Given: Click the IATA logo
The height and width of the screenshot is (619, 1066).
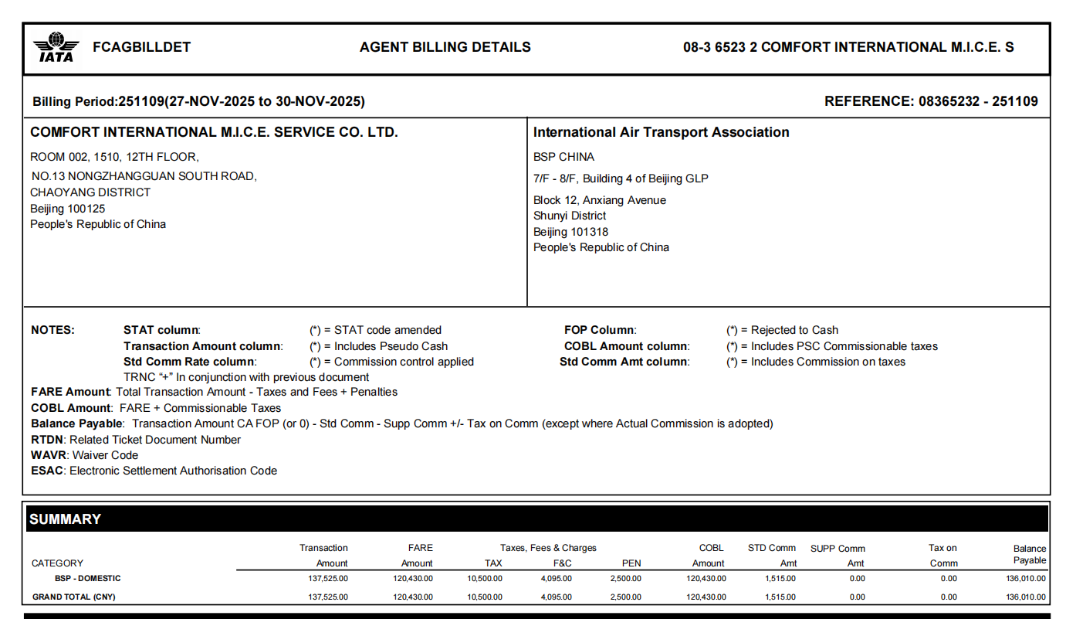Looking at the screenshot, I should click(56, 47).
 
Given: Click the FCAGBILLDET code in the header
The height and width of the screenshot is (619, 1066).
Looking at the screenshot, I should click(141, 47).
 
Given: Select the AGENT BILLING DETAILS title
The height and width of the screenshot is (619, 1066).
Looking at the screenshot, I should click(445, 47).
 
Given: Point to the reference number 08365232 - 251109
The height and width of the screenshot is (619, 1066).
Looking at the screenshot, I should click(977, 101).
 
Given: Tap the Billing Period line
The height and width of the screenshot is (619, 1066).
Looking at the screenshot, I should click(198, 101).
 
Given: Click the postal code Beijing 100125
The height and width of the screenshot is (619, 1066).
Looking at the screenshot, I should click(68, 209).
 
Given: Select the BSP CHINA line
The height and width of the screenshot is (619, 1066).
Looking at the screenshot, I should click(563, 157).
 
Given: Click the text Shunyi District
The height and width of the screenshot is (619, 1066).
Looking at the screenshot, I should click(570, 216).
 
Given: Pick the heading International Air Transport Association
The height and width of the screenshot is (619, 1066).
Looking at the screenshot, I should click(661, 132).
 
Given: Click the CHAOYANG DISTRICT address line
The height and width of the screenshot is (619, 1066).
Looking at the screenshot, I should click(90, 192).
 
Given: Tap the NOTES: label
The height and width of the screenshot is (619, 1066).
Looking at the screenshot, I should click(52, 330).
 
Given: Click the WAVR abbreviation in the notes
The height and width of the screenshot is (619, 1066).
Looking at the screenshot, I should click(49, 455).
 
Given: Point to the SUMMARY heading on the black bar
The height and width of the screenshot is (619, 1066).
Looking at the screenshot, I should click(65, 519).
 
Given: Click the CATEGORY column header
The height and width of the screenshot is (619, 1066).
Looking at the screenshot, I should click(57, 563).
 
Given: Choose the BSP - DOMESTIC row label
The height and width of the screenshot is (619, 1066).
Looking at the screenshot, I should click(87, 578).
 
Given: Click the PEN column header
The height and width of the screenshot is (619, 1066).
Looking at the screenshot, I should click(631, 563).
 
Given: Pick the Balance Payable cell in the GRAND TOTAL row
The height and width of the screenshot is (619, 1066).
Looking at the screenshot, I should click(1025, 597).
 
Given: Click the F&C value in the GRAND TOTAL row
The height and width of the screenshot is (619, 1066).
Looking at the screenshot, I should click(556, 597).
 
